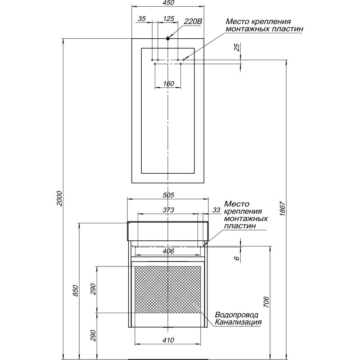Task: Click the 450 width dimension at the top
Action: click(168, 4)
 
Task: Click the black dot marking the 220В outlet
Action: click(168, 39)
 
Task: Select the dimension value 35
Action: click(142, 19)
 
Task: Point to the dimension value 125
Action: click(168, 19)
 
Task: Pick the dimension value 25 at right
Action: click(237, 48)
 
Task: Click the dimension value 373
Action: click(168, 210)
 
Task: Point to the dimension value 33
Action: click(216, 210)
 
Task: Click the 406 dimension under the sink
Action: click(168, 252)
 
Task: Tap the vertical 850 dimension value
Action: click(76, 291)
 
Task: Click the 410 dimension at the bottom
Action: click(168, 341)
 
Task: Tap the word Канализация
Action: click(238, 322)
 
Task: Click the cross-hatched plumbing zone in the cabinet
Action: click(168, 288)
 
